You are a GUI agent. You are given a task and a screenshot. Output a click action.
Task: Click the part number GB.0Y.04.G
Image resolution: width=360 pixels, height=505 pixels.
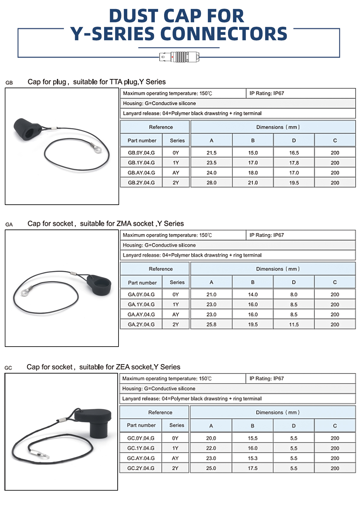(141, 153)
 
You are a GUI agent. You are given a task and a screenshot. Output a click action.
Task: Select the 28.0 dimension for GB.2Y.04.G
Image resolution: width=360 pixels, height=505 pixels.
(211, 182)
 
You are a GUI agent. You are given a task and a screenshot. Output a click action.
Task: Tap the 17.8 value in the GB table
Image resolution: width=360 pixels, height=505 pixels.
(294, 163)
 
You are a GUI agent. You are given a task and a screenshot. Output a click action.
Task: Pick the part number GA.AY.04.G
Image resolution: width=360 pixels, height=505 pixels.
(141, 314)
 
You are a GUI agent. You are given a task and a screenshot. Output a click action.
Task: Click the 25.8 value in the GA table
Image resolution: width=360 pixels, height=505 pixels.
(211, 324)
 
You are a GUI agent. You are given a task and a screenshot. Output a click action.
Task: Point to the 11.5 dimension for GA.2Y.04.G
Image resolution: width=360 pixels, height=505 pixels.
(294, 324)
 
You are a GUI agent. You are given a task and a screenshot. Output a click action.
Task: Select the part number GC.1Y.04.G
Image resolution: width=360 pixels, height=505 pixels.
(141, 448)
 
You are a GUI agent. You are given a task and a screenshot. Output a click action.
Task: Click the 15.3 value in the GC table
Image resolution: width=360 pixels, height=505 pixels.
(253, 458)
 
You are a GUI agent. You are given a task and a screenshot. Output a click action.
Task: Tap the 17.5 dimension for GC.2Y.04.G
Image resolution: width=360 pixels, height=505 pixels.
(253, 468)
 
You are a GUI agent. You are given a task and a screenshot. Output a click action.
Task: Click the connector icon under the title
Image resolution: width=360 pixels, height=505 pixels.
(179, 56)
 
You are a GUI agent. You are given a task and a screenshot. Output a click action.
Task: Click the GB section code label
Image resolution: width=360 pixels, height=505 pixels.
(9, 83)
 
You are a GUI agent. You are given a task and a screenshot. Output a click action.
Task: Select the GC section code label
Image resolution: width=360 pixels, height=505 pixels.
(8, 368)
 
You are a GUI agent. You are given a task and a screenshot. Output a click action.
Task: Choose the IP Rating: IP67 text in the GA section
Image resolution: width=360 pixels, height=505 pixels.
(267, 235)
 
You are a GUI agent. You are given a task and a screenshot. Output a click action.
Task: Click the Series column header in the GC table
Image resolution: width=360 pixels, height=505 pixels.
(177, 425)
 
